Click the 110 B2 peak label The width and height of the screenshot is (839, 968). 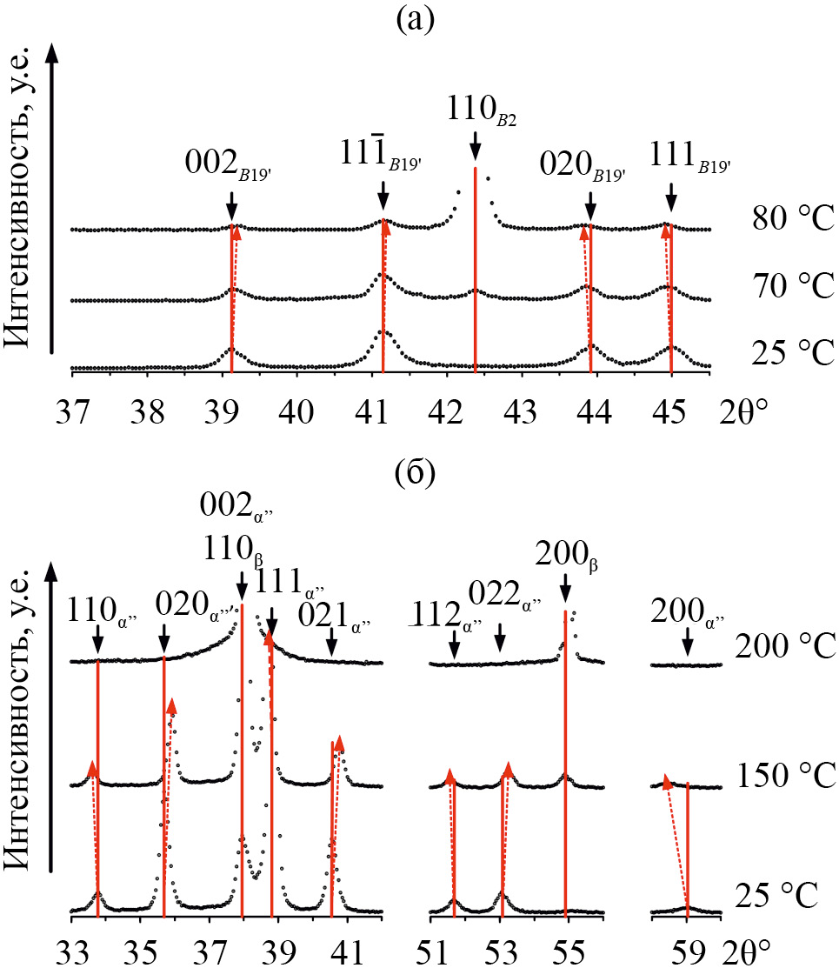point(482,113)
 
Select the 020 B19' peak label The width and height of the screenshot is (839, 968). point(584,165)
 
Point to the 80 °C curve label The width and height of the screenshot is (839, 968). point(793,218)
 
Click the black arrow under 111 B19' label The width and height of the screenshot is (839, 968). point(670,195)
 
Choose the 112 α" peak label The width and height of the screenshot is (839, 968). point(445,615)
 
